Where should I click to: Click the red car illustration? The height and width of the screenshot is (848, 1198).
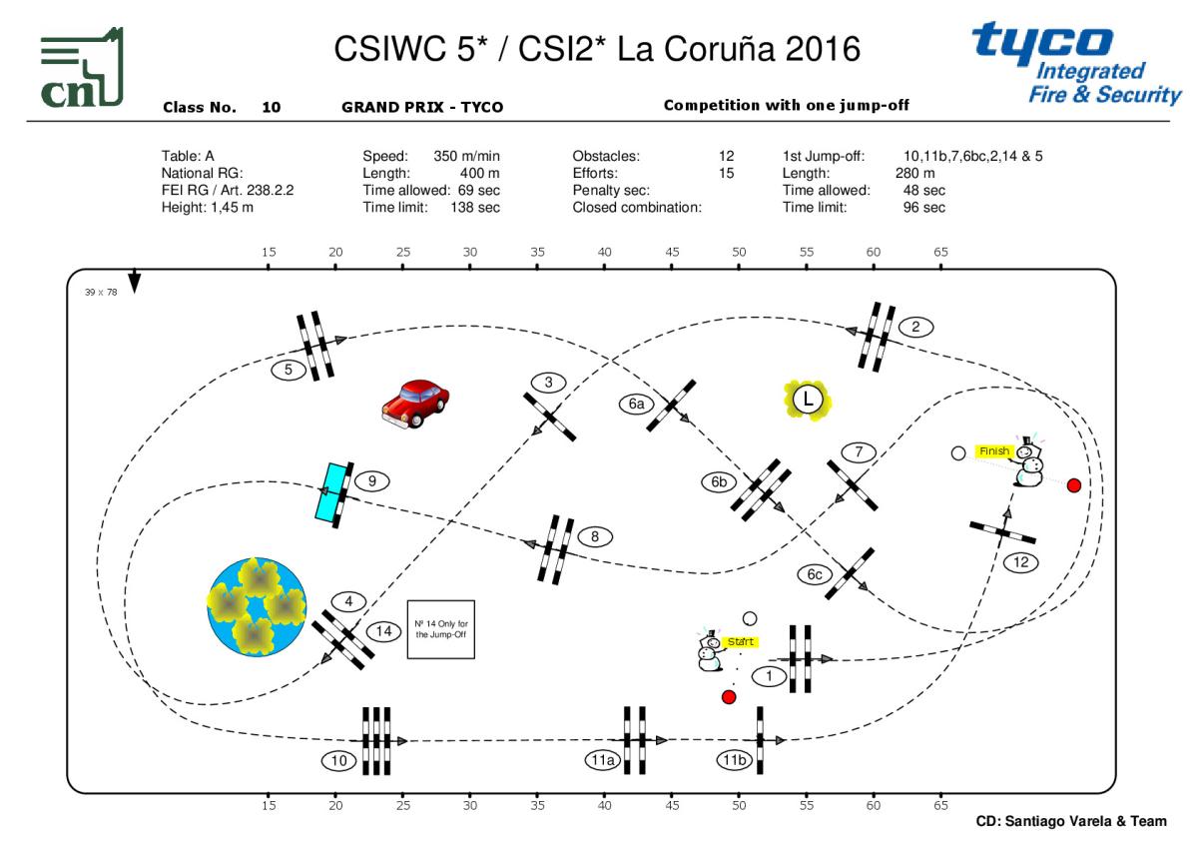click(414, 403)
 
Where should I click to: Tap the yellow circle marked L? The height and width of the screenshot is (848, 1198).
click(808, 400)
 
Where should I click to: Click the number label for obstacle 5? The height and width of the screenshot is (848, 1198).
click(289, 370)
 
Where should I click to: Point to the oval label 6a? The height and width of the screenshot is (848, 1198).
click(636, 404)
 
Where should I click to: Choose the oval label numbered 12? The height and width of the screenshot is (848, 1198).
click(1021, 562)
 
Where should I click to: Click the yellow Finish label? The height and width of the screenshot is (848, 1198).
click(994, 451)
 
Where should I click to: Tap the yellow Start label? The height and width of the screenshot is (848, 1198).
click(740, 640)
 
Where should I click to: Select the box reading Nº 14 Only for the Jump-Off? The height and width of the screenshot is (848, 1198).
click(440, 630)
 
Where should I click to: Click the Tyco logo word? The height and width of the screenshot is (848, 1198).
click(1042, 41)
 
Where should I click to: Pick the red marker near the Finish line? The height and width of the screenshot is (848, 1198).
click(1074, 485)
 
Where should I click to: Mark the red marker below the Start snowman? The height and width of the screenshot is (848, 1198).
click(729, 696)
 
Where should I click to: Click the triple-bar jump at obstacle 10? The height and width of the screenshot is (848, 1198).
click(375, 740)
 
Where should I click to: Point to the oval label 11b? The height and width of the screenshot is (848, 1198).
click(734, 761)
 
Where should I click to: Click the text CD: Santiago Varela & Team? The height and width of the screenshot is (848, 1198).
click(1070, 821)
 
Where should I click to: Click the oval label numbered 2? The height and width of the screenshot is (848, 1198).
click(915, 327)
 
